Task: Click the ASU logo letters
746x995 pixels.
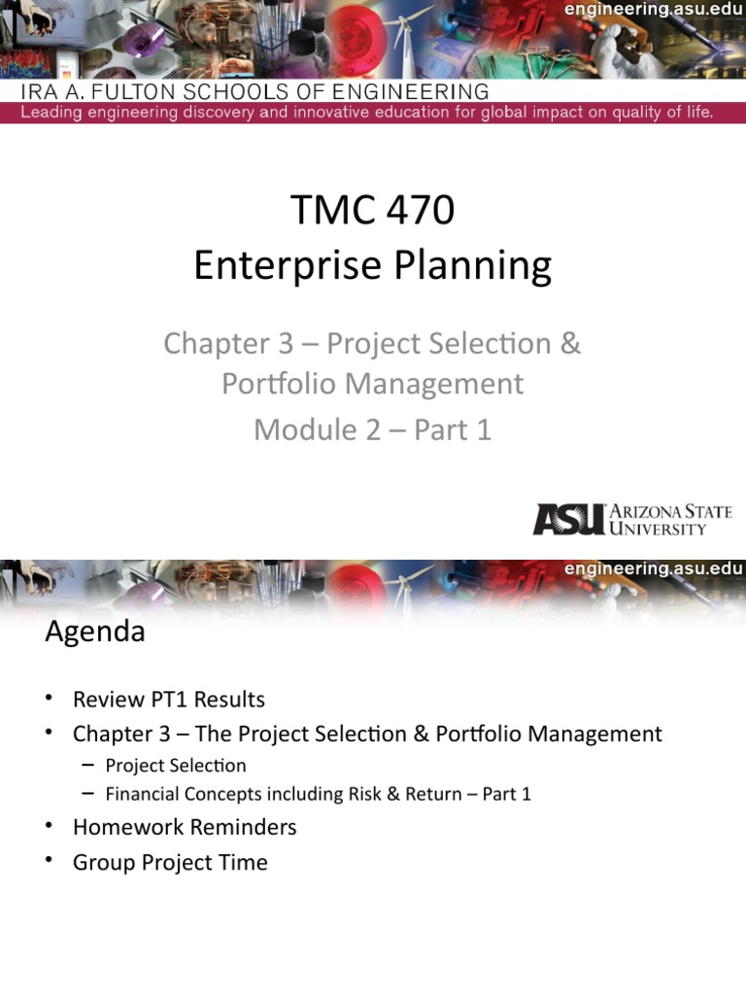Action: click(x=567, y=519)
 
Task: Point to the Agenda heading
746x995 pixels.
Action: click(x=95, y=632)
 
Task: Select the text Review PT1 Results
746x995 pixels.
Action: click(x=169, y=700)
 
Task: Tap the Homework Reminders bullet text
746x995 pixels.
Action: click(x=185, y=827)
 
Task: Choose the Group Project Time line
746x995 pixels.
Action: click(x=170, y=862)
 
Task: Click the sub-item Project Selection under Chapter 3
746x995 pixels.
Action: click(x=176, y=766)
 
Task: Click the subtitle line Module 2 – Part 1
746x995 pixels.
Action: click(x=373, y=429)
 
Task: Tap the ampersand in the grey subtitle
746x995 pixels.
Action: click(x=570, y=344)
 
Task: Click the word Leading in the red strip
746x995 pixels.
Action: click(x=56, y=112)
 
